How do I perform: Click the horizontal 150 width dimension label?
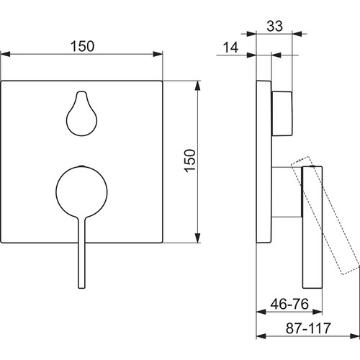[82, 46]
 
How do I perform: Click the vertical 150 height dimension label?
[190, 161]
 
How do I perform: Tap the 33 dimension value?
[275, 26]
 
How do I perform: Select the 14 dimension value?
[230, 48]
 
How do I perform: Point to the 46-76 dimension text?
[289, 304]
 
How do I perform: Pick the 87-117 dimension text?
[308, 328]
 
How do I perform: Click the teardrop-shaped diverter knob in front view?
[81, 114]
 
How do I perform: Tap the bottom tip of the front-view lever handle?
[81, 288]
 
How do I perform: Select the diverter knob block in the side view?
[282, 114]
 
